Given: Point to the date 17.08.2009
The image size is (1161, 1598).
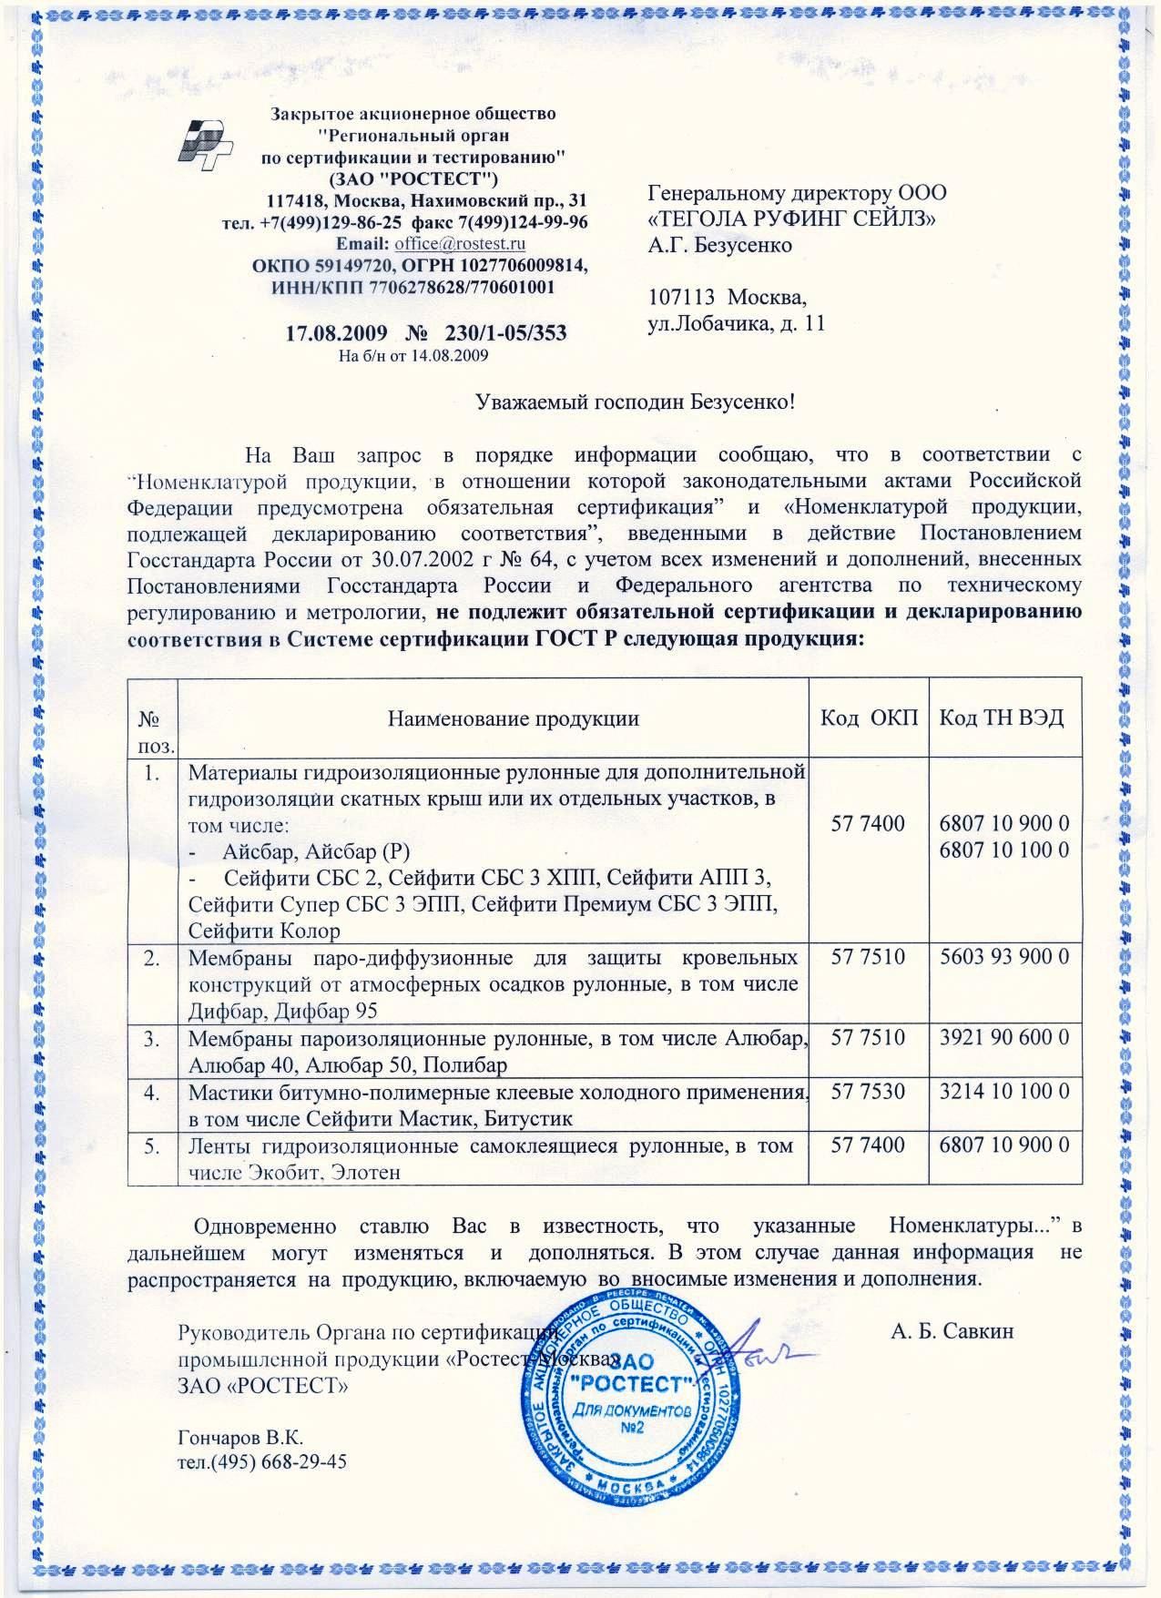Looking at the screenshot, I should click(x=338, y=332).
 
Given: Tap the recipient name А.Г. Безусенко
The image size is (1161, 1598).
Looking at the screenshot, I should click(x=719, y=245).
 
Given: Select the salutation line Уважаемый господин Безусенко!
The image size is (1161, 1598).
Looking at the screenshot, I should click(x=638, y=401).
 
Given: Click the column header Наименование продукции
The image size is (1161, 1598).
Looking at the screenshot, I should click(x=514, y=718).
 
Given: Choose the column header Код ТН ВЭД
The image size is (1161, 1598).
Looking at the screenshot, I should click(x=1001, y=718).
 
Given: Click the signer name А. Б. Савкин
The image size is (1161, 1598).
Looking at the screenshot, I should click(x=952, y=1331).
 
